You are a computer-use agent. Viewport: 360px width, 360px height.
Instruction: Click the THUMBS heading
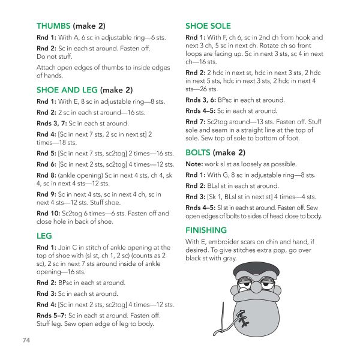pyautogui.click(x=53, y=26)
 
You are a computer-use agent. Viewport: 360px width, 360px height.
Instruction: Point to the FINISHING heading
pyautogui.click(x=206, y=230)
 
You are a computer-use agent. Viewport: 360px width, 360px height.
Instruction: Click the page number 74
pyautogui.click(x=26, y=340)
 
